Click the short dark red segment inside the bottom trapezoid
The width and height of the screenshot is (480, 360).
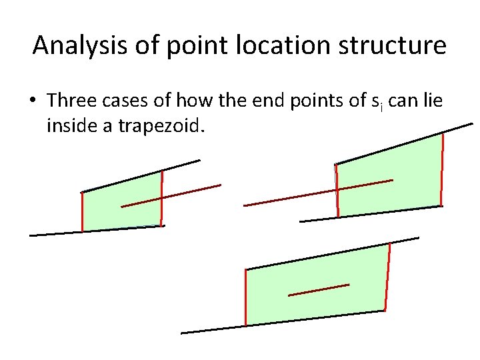(x=318, y=290)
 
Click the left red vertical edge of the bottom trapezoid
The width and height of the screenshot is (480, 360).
(x=246, y=297)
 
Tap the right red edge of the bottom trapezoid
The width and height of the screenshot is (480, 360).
(x=387, y=277)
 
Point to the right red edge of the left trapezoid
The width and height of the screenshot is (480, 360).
(x=161, y=199)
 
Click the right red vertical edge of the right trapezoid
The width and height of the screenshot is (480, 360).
(x=441, y=169)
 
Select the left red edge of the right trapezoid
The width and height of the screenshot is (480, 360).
(x=337, y=190)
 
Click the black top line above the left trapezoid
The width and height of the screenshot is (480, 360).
(x=140, y=177)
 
